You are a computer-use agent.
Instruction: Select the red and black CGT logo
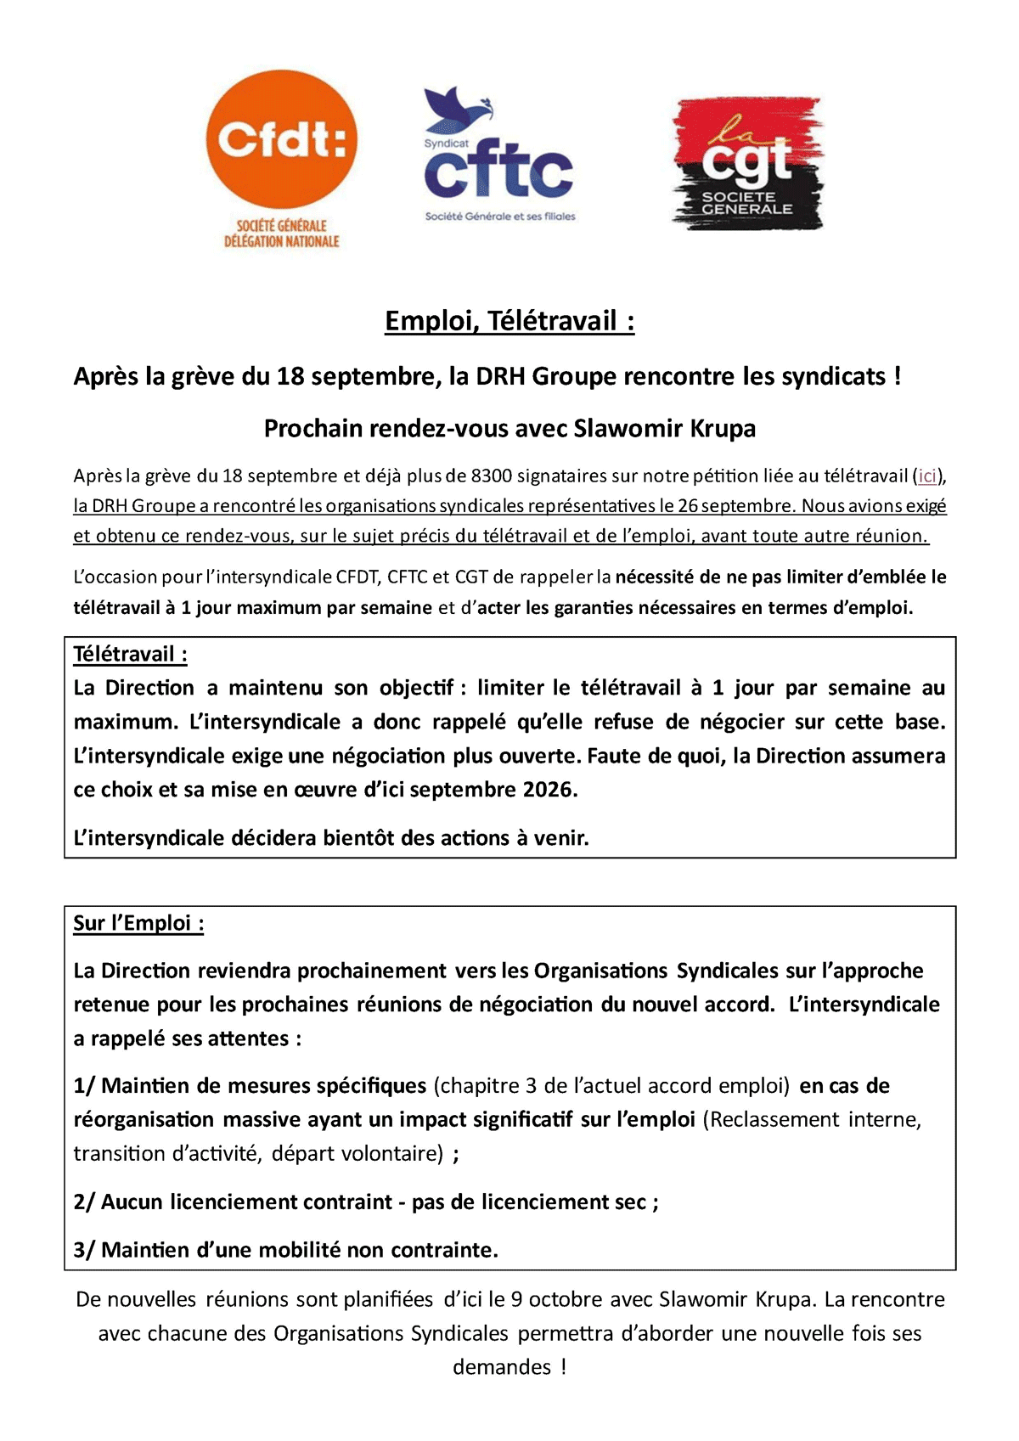point(747,163)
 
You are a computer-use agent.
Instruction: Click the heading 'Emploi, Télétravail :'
point(509,321)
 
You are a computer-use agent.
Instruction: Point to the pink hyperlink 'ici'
point(926,476)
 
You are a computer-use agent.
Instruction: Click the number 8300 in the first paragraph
point(491,476)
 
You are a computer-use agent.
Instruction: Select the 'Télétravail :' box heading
point(130,655)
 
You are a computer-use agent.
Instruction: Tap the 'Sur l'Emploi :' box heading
point(138,924)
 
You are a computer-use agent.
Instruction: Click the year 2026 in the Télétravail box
point(549,790)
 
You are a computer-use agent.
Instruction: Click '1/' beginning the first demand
point(84,1086)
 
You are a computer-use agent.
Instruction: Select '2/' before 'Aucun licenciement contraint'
point(84,1202)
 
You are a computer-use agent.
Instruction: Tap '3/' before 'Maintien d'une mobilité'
point(84,1251)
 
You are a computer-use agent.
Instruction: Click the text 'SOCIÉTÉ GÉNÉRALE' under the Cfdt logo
point(281,226)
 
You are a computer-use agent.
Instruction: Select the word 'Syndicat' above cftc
point(446,144)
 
